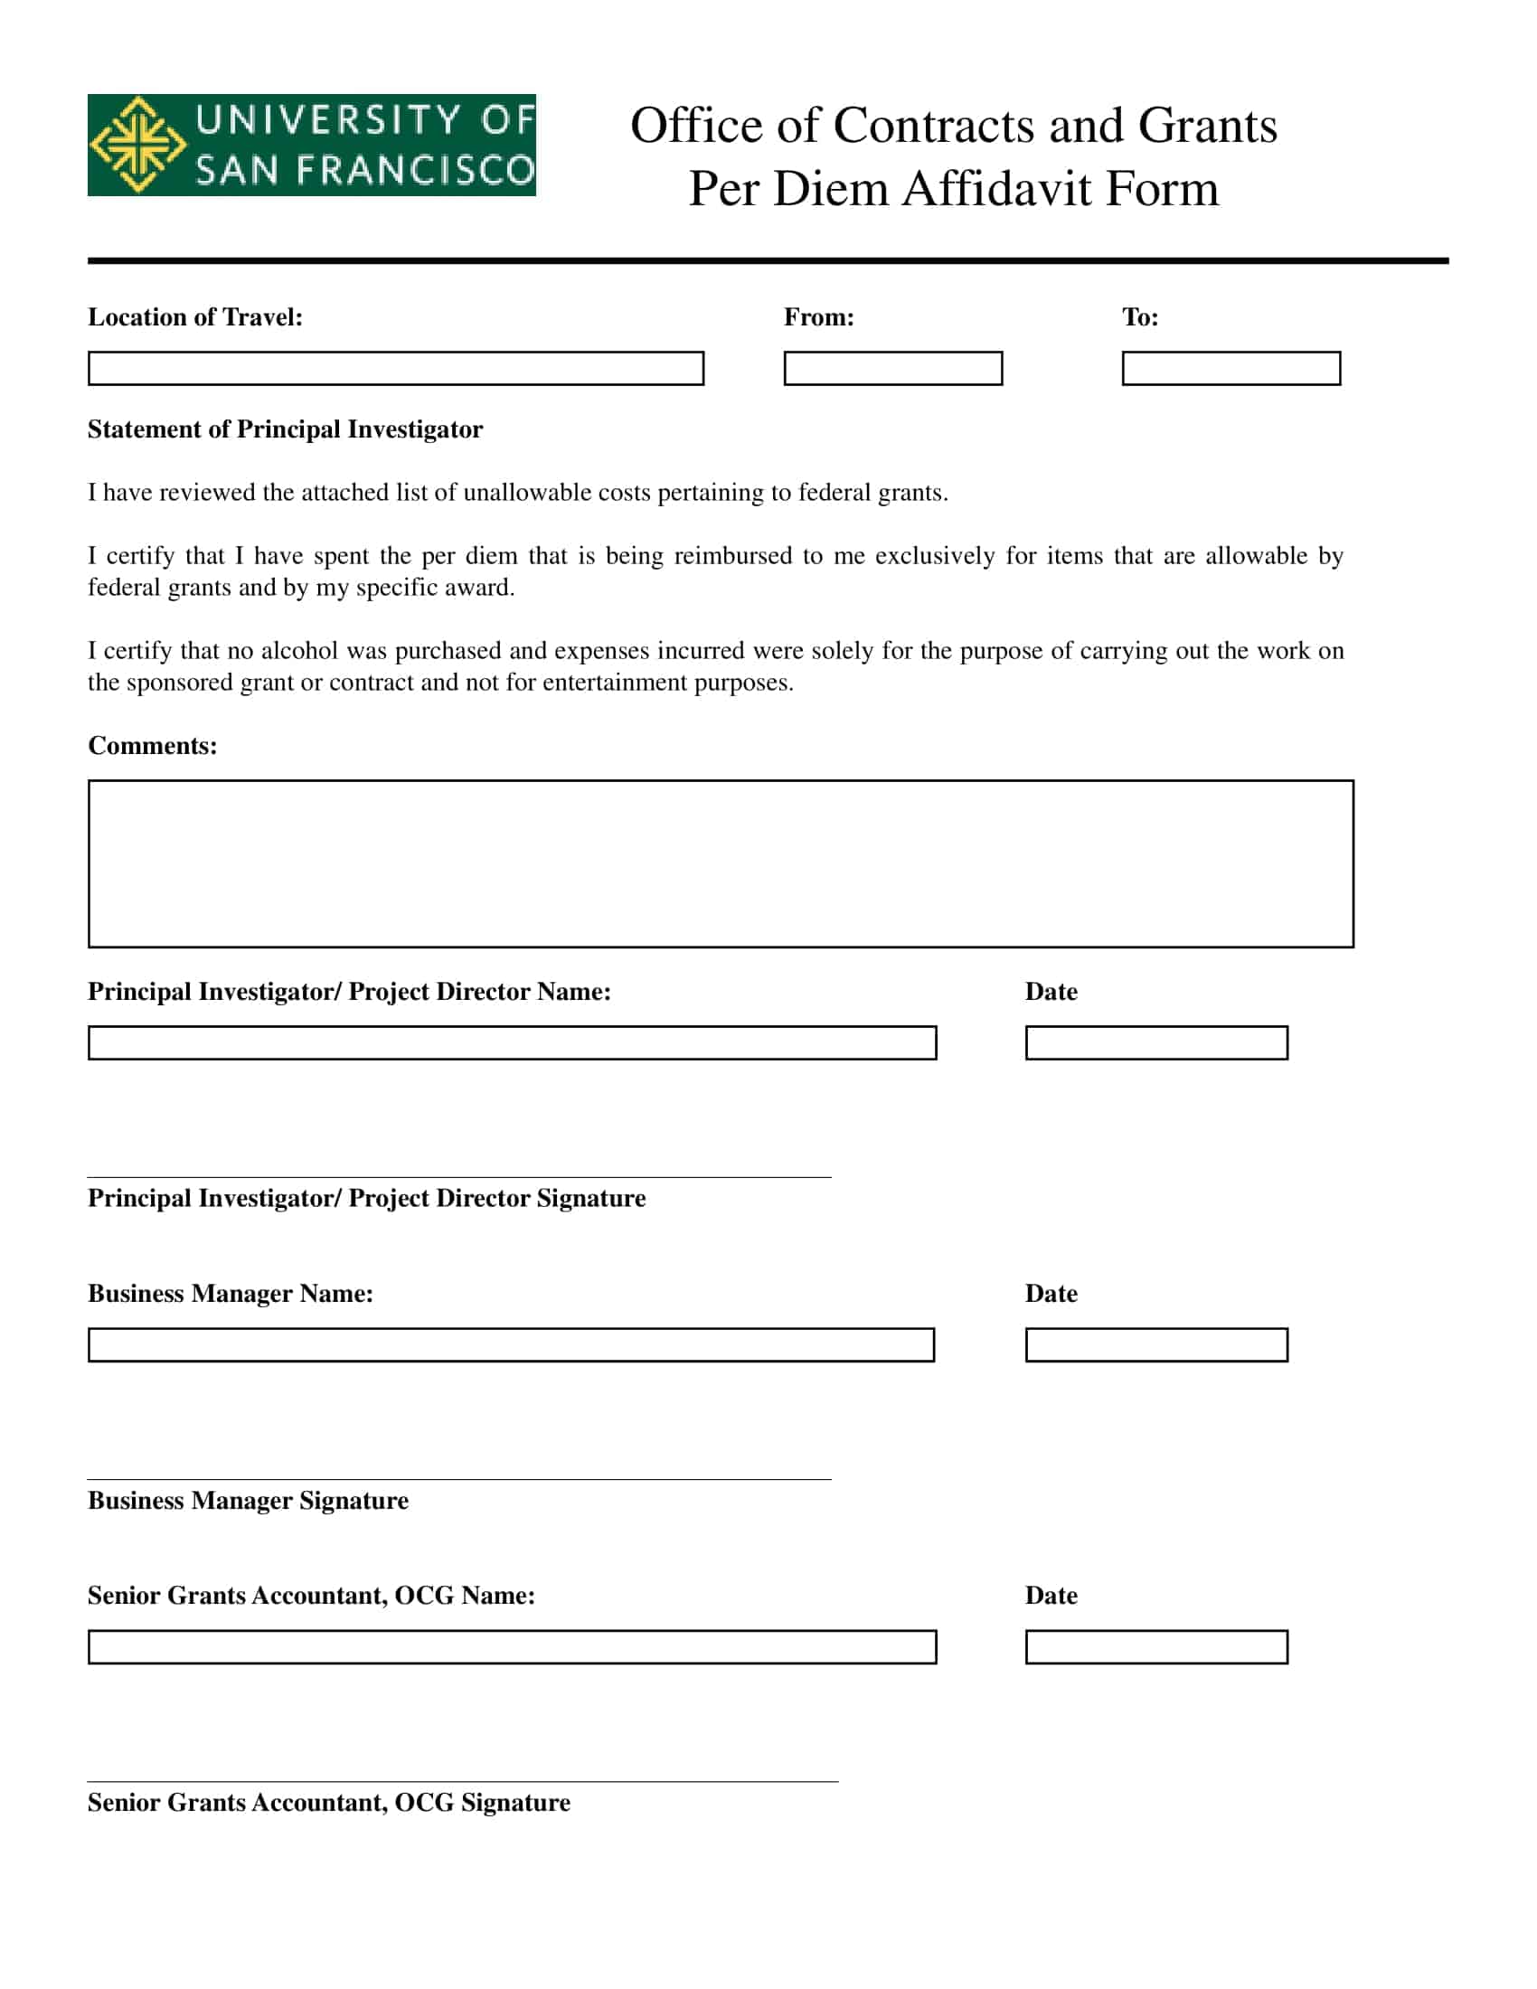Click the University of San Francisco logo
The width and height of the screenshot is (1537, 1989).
(311, 145)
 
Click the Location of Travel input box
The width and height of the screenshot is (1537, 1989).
(395, 368)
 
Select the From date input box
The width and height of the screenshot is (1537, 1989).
(892, 368)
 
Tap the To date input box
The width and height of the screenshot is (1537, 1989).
(1231, 368)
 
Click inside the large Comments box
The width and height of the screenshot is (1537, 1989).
(721, 863)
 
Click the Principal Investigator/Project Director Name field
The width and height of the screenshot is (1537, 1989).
(512, 1042)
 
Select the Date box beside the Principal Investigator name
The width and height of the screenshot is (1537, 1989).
(1155, 1042)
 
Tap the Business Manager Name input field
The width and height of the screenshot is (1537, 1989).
(511, 1344)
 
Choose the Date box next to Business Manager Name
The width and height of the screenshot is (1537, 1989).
(1155, 1344)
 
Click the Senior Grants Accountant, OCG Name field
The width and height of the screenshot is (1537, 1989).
(512, 1646)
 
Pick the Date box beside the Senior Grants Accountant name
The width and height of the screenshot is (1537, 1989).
(1155, 1646)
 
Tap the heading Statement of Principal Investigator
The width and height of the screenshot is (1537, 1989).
(285, 429)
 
